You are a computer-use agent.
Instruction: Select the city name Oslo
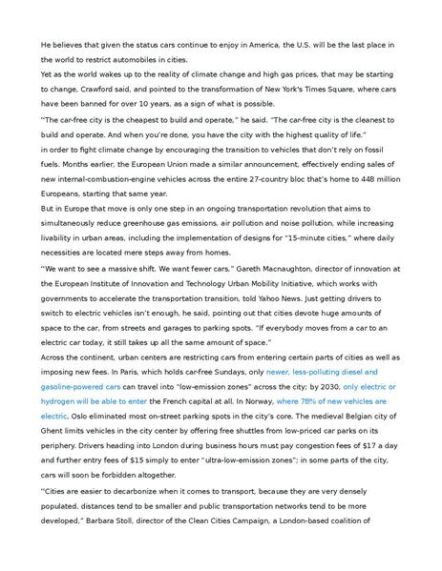coord(82,417)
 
